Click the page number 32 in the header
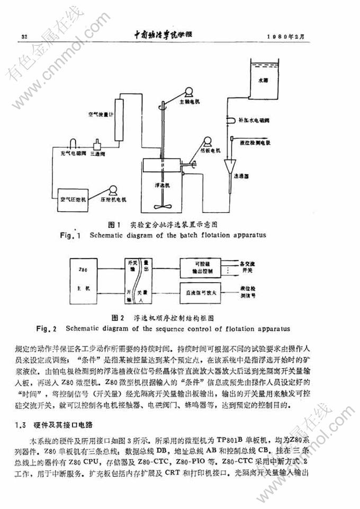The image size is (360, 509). (24, 36)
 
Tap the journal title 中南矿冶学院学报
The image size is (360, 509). (164, 35)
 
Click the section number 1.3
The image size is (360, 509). (21, 425)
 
